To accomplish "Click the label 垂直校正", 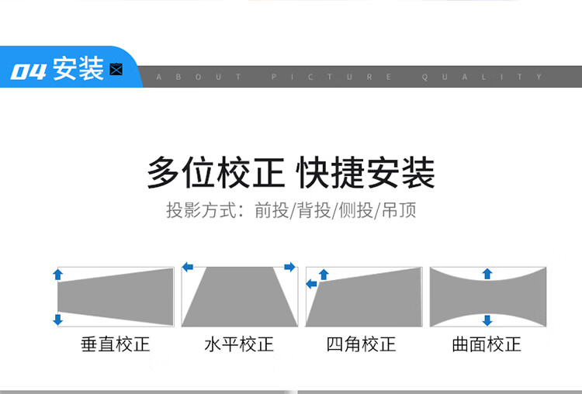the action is coord(115,344).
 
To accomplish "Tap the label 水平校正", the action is coord(239,344).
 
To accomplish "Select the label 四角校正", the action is coord(361,344).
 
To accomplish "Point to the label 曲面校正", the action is coord(487,344).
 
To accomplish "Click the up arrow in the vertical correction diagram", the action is coord(57,274).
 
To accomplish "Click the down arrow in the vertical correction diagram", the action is coord(57,319).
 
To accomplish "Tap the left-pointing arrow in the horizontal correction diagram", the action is coord(188,268).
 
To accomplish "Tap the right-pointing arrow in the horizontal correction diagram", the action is coord(290,268).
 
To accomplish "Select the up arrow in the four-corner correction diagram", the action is coord(324,273).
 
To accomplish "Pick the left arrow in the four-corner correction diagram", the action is coord(311,285).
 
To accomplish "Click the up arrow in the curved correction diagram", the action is coord(487,273).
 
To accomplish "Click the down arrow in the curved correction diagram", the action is coord(487,320).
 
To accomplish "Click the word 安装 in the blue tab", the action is coord(78,70).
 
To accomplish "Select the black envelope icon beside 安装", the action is coord(117,71).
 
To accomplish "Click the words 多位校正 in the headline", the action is coord(216,173).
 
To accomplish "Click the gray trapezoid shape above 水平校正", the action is coord(239,296).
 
